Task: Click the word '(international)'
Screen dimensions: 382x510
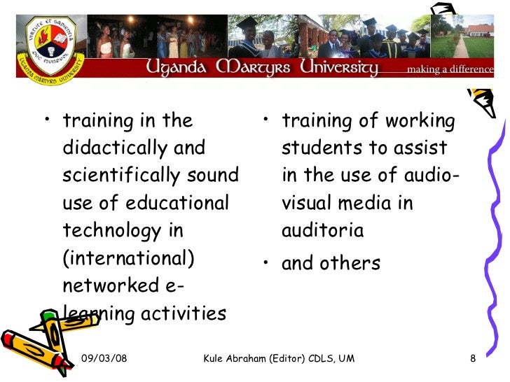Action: (128, 258)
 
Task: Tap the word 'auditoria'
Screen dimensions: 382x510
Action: (322, 231)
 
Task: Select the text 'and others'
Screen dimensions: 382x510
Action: (331, 264)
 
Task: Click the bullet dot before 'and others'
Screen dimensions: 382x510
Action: (267, 264)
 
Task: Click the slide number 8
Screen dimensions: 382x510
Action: (473, 359)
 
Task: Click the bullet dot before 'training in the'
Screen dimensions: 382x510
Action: (48, 120)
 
